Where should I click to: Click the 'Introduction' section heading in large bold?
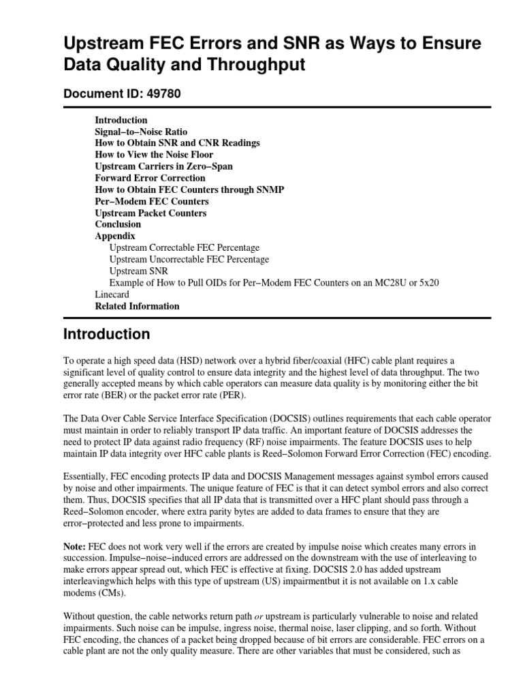click(x=106, y=335)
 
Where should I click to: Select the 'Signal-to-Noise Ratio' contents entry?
click(x=141, y=132)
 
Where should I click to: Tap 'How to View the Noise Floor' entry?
click(x=154, y=155)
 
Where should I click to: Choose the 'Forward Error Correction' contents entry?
click(x=150, y=178)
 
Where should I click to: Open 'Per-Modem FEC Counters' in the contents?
click(x=152, y=201)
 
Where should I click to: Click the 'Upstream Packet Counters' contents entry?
click(x=150, y=213)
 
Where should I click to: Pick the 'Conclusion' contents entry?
click(x=118, y=224)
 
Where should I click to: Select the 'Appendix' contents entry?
click(x=115, y=236)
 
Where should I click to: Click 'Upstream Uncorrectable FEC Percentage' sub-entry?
click(x=189, y=259)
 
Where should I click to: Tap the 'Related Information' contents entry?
click(x=137, y=306)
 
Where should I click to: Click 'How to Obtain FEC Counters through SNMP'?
click(x=189, y=189)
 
